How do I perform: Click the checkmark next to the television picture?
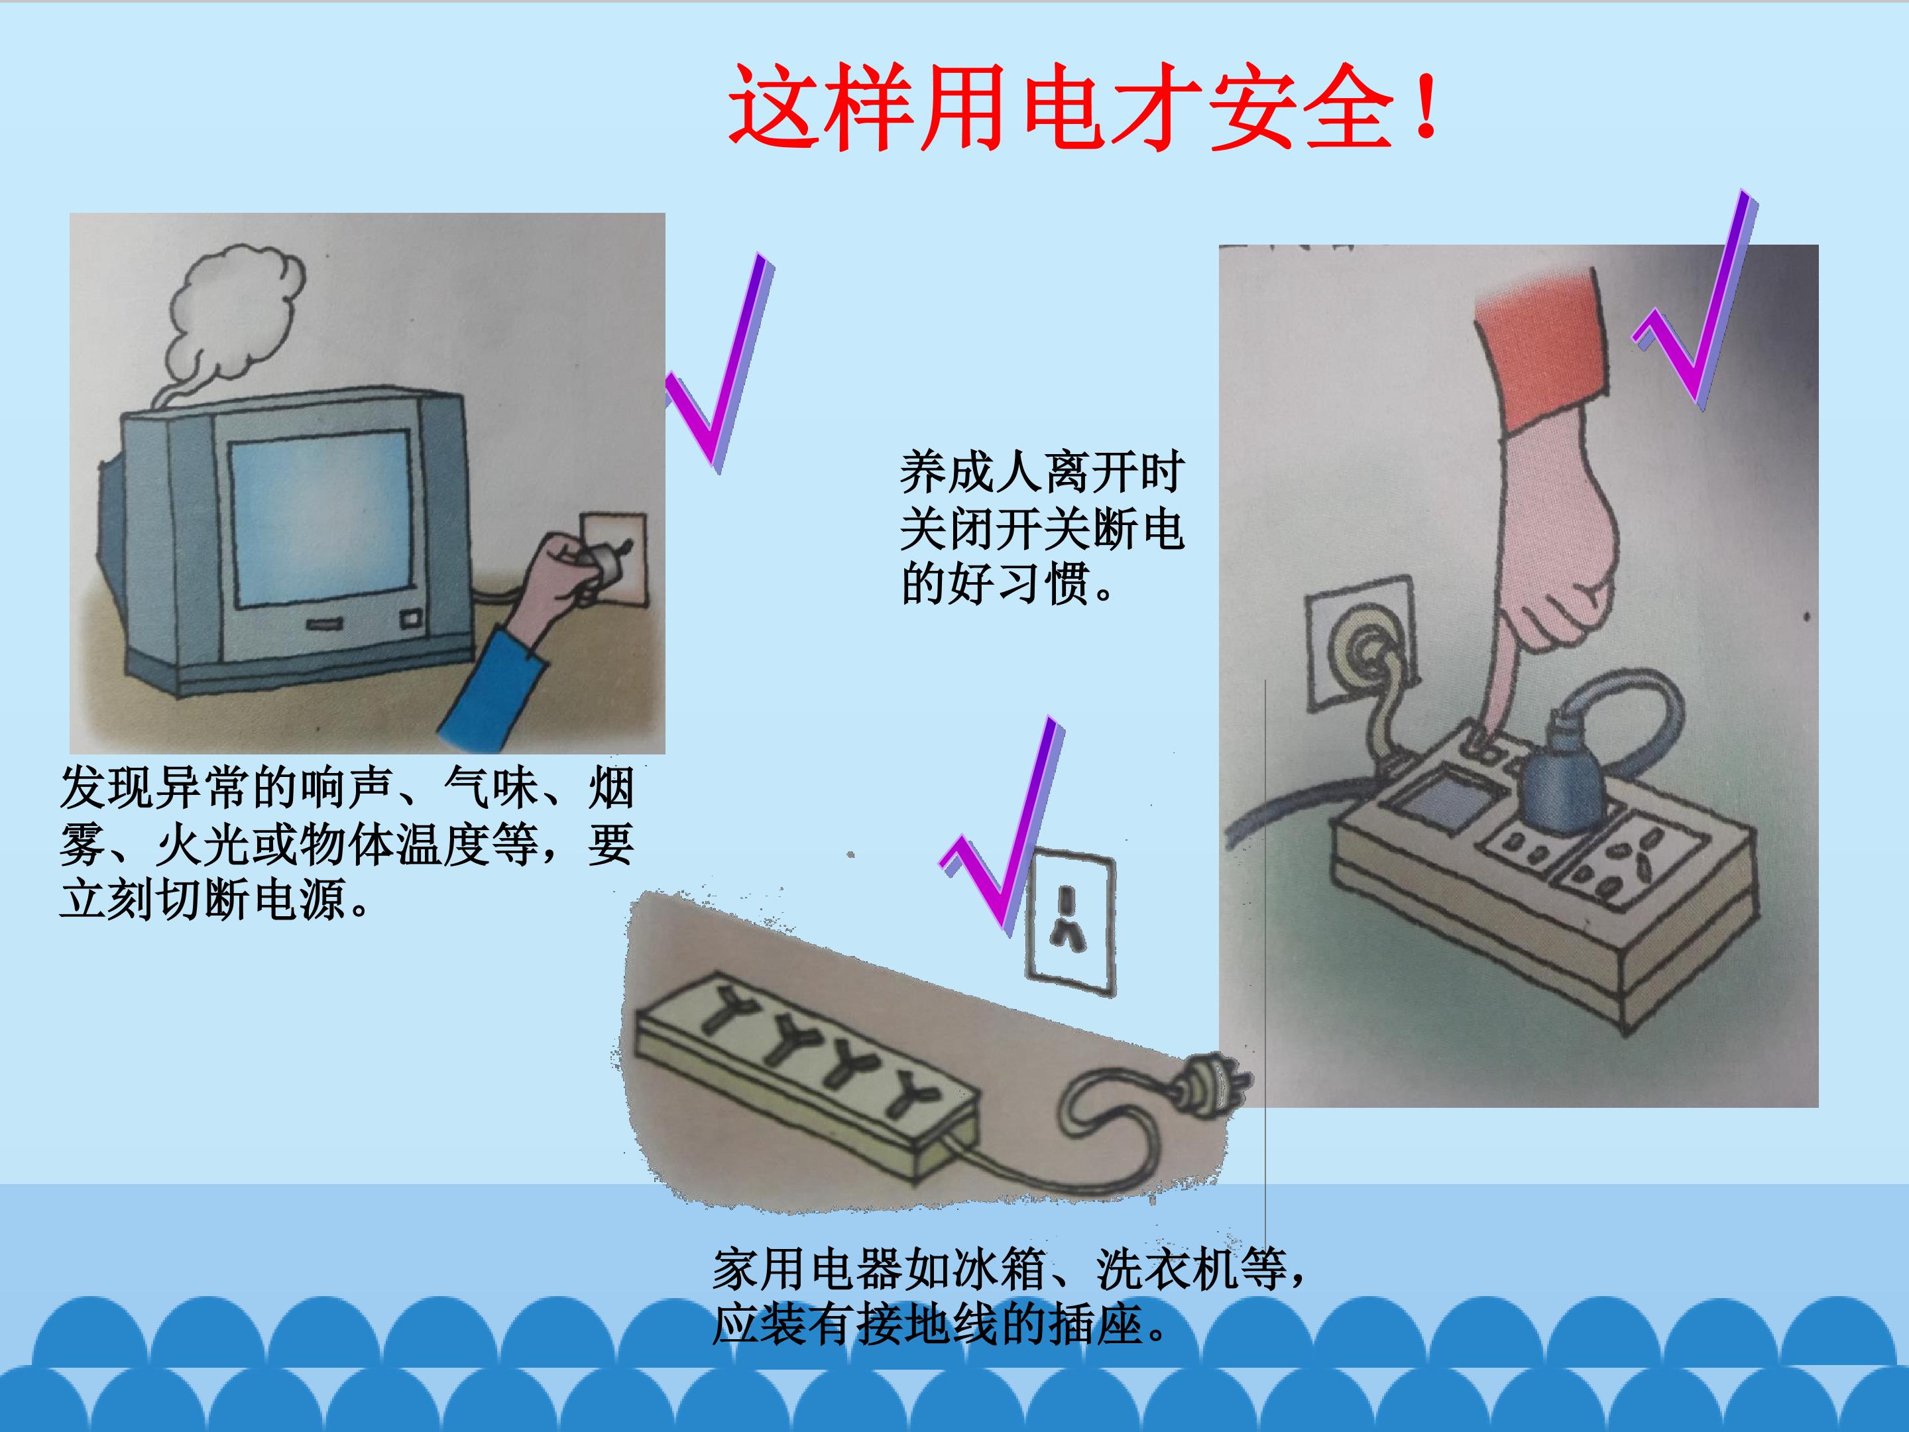click(x=721, y=363)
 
